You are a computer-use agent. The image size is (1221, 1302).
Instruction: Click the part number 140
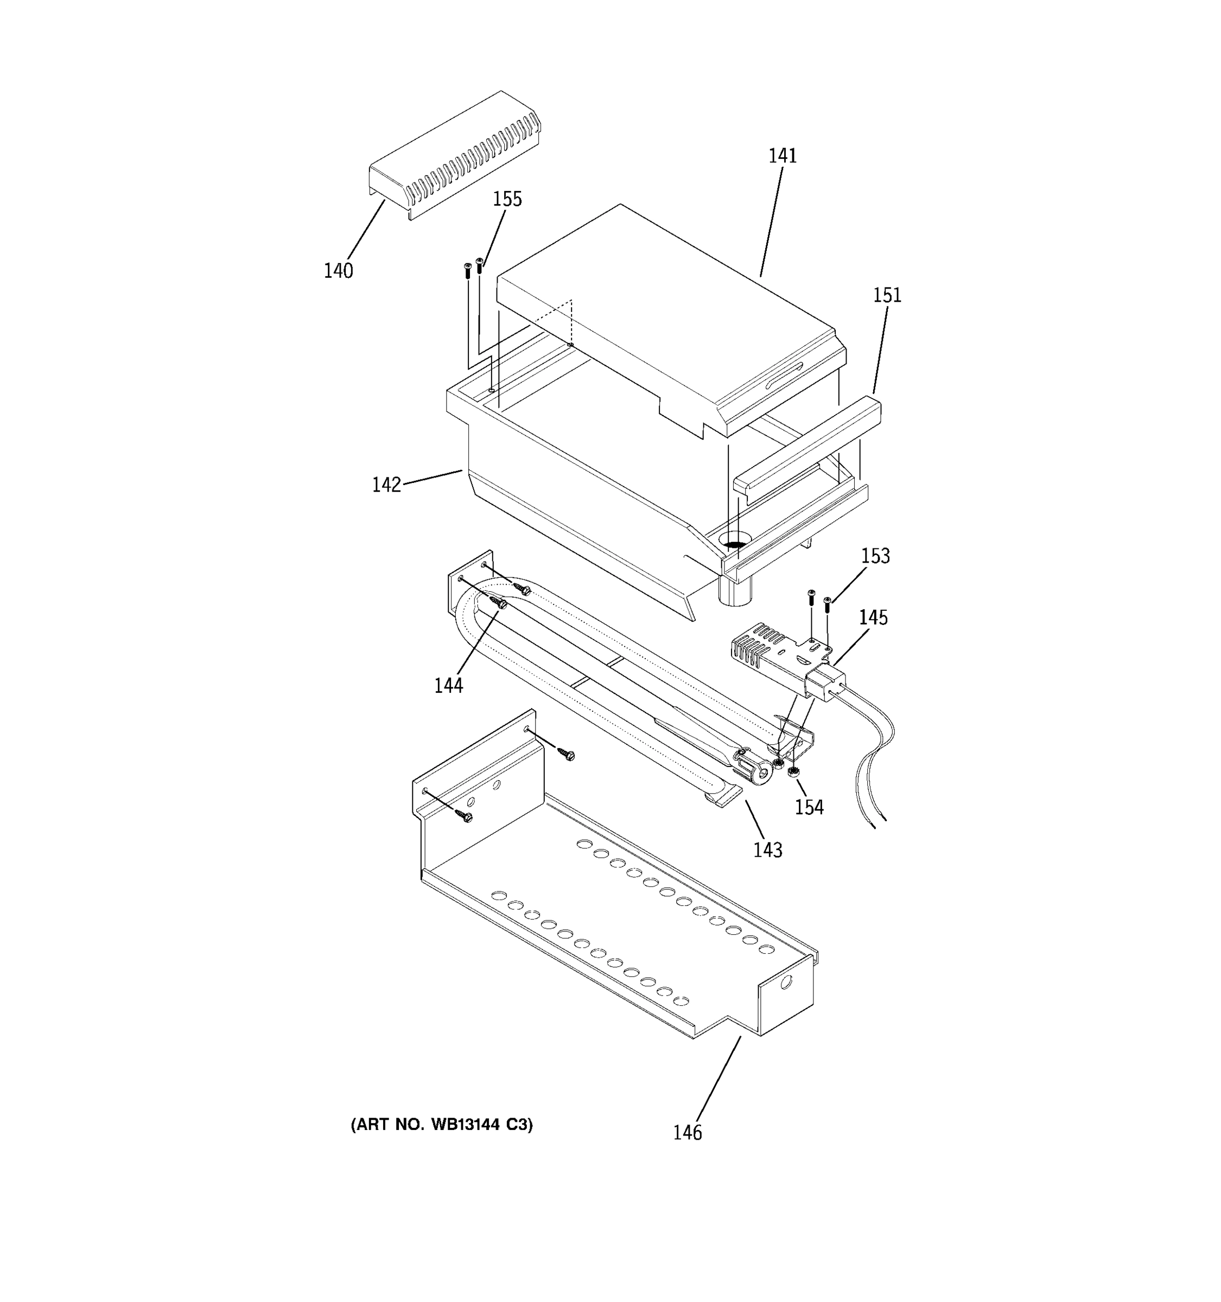[338, 271]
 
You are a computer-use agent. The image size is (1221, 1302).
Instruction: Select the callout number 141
[782, 156]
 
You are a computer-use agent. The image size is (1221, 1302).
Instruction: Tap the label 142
[386, 484]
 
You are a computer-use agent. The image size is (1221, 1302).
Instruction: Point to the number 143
[767, 850]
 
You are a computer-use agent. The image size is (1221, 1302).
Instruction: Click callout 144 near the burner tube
[448, 686]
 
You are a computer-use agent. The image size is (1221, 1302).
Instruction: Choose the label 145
[873, 617]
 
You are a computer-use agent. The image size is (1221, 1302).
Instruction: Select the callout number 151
[887, 295]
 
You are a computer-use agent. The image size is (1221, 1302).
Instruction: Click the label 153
[875, 556]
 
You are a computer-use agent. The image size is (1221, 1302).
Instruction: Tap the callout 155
[507, 199]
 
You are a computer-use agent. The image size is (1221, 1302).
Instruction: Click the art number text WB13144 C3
[442, 1125]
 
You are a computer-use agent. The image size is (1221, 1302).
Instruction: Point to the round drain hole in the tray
[735, 542]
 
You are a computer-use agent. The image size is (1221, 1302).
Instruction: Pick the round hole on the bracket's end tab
[786, 982]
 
